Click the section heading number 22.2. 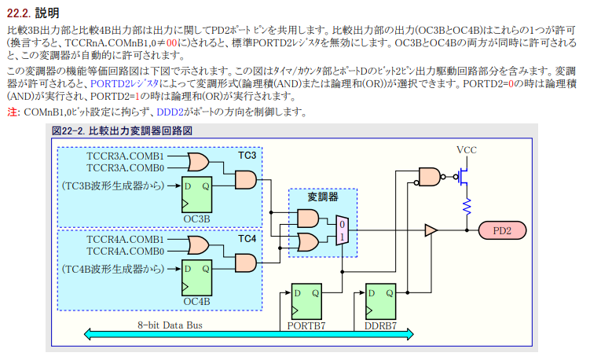click(19, 12)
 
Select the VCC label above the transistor click(466, 150)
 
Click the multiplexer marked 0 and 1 click(341, 230)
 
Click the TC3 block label click(247, 155)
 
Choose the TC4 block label click(247, 238)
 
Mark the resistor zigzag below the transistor click(466, 206)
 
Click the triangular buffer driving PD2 click(431, 230)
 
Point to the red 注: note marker click(12, 112)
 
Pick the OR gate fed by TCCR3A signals click(198, 162)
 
